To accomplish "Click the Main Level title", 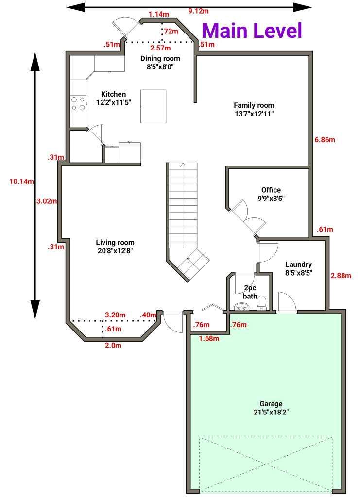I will tap(252, 30).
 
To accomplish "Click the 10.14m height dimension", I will tap(21, 182).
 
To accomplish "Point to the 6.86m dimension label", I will tap(325, 139).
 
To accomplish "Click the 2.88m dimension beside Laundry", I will tap(340, 275).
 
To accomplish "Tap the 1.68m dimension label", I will tap(208, 338).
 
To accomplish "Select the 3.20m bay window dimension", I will tap(115, 315).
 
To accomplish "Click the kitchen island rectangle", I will tap(154, 106).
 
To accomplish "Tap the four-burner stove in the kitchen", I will tap(78, 104).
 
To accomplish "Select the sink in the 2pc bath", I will tap(240, 306).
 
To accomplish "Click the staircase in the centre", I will tap(184, 209).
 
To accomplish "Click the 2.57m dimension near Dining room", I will tap(160, 48).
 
